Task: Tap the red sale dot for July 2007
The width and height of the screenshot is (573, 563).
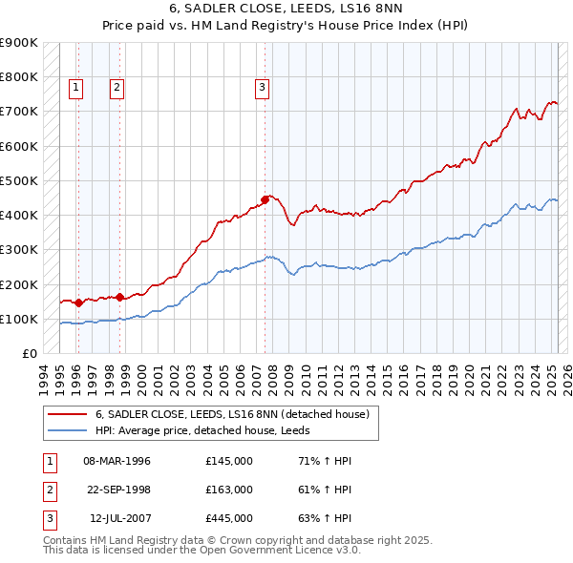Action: pyautogui.click(x=265, y=199)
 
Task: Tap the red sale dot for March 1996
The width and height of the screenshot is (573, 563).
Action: pyautogui.click(x=78, y=302)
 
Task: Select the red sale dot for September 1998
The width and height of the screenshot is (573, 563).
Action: pyautogui.click(x=120, y=296)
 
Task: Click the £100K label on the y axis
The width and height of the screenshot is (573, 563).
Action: pyautogui.click(x=19, y=319)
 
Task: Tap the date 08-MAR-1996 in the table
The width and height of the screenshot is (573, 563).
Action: pyautogui.click(x=117, y=461)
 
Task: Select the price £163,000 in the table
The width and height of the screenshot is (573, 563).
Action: pyautogui.click(x=228, y=490)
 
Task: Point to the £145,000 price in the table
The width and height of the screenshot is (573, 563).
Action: pyautogui.click(x=228, y=461)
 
